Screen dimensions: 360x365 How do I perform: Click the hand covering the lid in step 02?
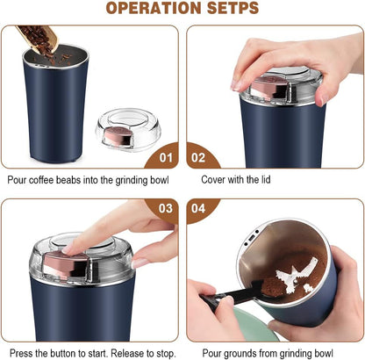tap(281, 57)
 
